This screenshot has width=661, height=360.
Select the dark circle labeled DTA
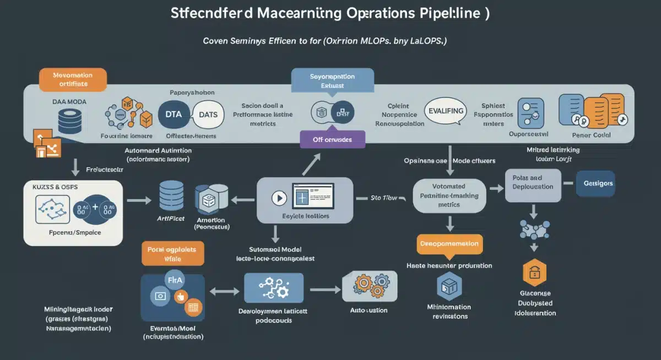174,114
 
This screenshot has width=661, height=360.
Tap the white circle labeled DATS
207,114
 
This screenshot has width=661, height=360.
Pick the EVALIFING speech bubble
446,111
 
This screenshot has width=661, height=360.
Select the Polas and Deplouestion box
533,182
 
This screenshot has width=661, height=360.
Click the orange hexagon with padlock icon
534,272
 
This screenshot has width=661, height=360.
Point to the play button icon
280,198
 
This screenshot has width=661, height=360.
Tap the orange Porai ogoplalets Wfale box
172,253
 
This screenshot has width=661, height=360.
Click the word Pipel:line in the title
443,14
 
